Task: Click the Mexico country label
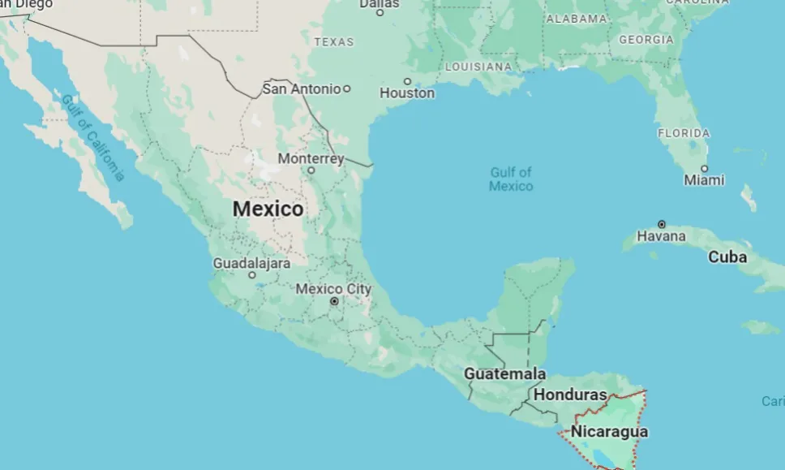pyautogui.click(x=268, y=209)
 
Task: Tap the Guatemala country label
pyautogui.click(x=504, y=374)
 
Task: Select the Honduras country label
pyautogui.click(x=571, y=395)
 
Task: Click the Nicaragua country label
pyautogui.click(x=609, y=431)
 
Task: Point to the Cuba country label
pyautogui.click(x=727, y=257)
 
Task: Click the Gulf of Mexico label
pyautogui.click(x=511, y=179)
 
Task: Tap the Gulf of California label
pyautogui.click(x=94, y=137)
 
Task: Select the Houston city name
pyautogui.click(x=407, y=93)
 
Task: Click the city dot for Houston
pyautogui.click(x=407, y=81)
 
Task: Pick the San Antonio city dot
pyautogui.click(x=347, y=88)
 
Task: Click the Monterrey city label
pyautogui.click(x=311, y=158)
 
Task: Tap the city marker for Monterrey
pyautogui.click(x=311, y=170)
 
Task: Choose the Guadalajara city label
pyautogui.click(x=251, y=263)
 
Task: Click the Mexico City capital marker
pyautogui.click(x=333, y=301)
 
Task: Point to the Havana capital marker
pyautogui.click(x=662, y=224)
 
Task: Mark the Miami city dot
pyautogui.click(x=704, y=169)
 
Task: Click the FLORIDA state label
pyautogui.click(x=684, y=133)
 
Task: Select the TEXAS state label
pyautogui.click(x=334, y=41)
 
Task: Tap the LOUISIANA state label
pyautogui.click(x=478, y=67)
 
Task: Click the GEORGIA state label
pyautogui.click(x=646, y=39)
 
